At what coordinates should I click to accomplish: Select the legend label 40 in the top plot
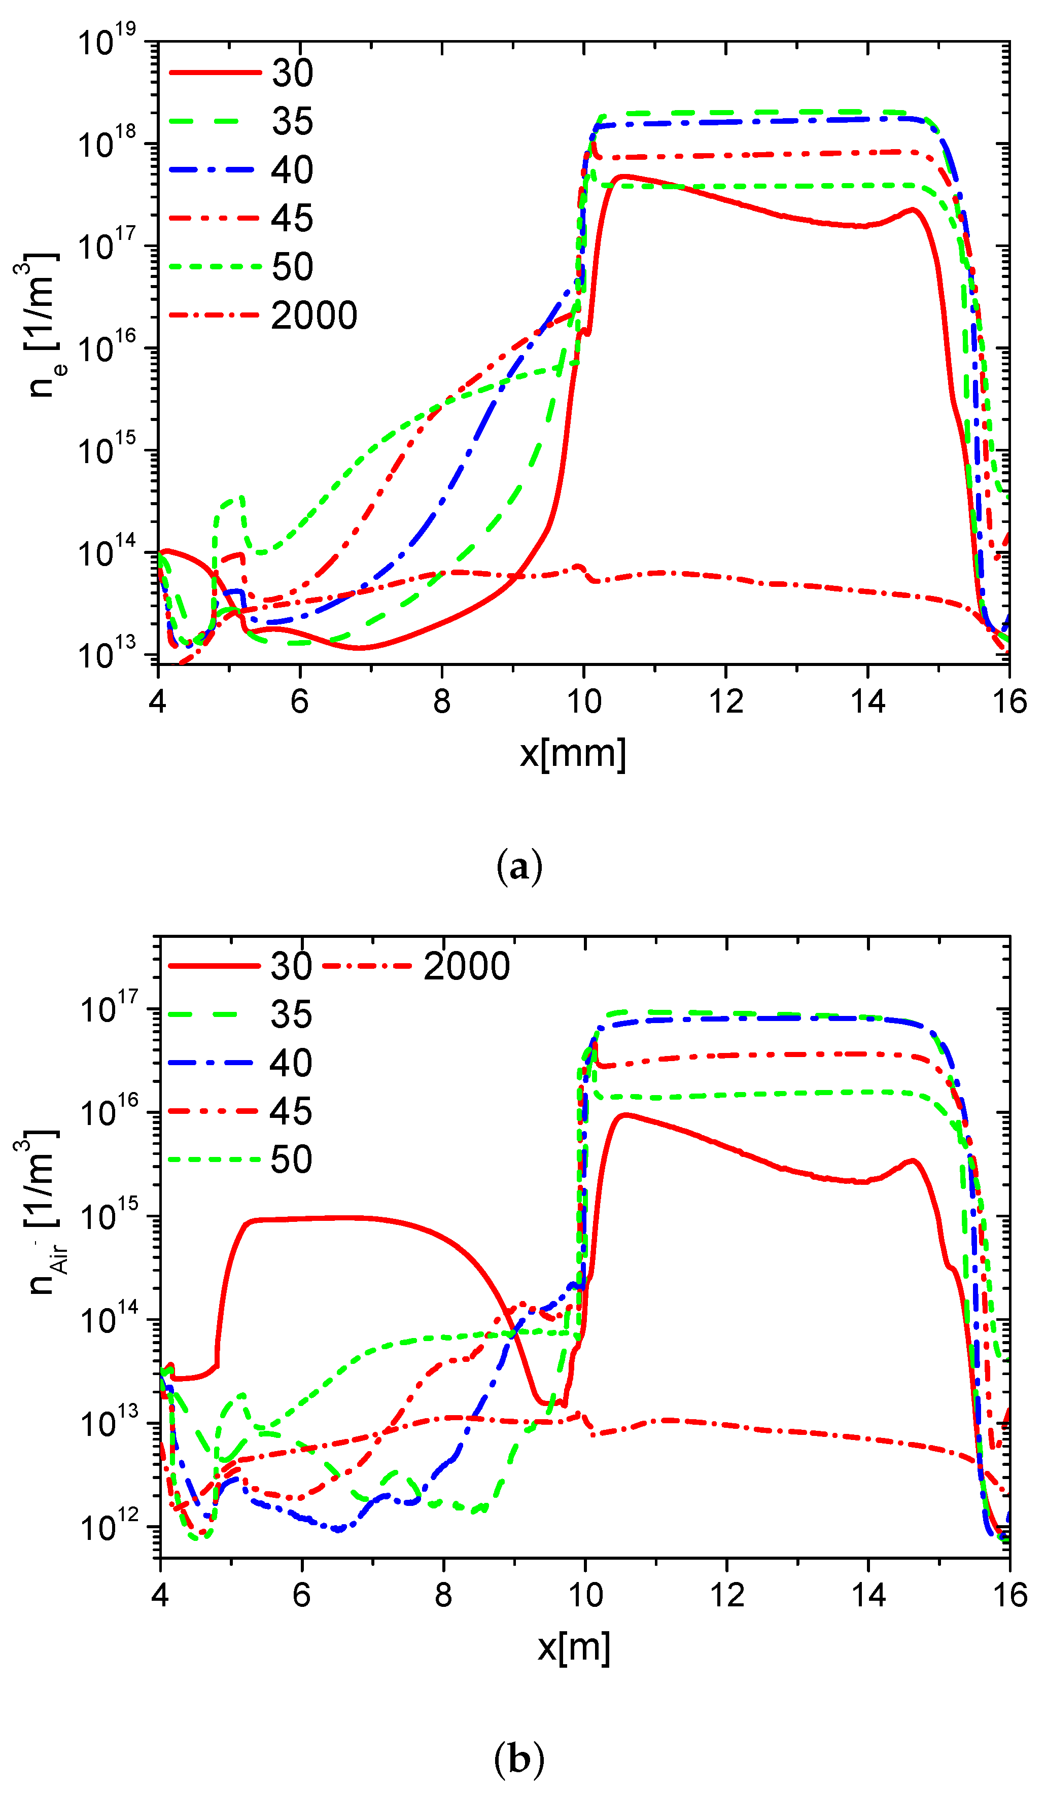292,170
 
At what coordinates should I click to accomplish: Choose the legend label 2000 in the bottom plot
467,966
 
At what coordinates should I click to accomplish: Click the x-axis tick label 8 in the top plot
442,702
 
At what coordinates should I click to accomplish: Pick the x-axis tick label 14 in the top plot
867,702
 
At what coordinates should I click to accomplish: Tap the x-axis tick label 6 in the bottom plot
302,1595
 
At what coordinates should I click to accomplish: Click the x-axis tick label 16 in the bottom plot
1009,1595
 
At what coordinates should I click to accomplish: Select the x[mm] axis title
573,753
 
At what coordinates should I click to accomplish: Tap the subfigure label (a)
519,867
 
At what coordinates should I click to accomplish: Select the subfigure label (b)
519,1760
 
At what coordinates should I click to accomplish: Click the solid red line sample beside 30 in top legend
215,72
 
